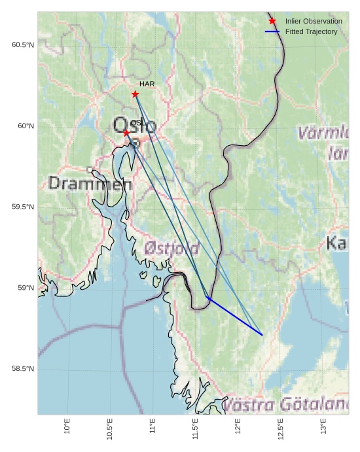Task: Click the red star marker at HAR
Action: point(135,94)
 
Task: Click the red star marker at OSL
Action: point(126,133)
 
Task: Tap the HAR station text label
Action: point(147,84)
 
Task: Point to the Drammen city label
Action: point(90,184)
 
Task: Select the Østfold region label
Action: point(171,249)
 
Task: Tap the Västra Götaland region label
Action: point(285,405)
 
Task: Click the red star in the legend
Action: point(272,22)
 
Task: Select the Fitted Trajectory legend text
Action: point(311,31)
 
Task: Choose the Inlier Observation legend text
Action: point(314,22)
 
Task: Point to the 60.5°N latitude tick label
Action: point(22,45)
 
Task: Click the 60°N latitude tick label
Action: point(25,126)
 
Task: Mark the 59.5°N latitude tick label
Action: point(22,207)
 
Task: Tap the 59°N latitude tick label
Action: point(25,288)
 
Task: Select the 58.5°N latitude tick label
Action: point(22,370)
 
